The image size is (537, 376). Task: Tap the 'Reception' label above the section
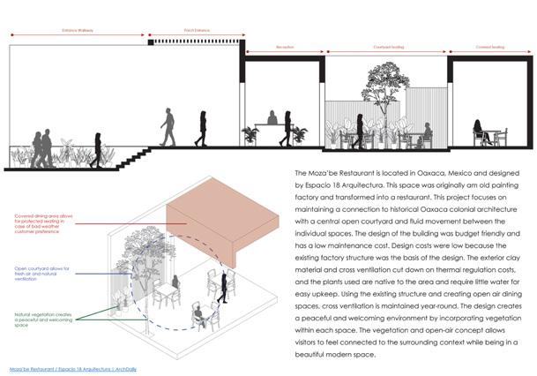285,47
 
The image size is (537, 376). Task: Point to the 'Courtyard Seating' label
386,47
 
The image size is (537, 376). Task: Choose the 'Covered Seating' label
489,47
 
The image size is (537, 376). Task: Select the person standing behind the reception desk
272,118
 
